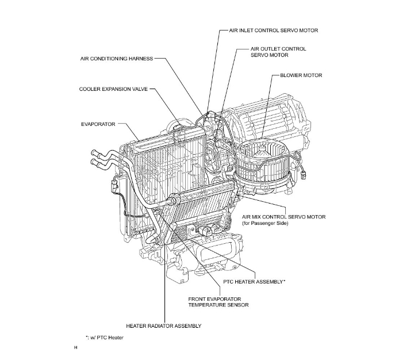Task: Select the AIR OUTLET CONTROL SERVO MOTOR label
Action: pos(278,52)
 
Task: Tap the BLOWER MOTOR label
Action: pos(301,75)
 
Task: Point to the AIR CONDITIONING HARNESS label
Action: pos(117,59)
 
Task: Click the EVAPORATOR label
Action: pos(98,124)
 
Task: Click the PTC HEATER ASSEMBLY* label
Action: pos(254,282)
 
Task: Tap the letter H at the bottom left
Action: pos(76,348)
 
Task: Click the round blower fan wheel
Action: pos(264,162)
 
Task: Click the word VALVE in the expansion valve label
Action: pos(136,90)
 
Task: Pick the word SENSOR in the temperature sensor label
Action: pos(237,305)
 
